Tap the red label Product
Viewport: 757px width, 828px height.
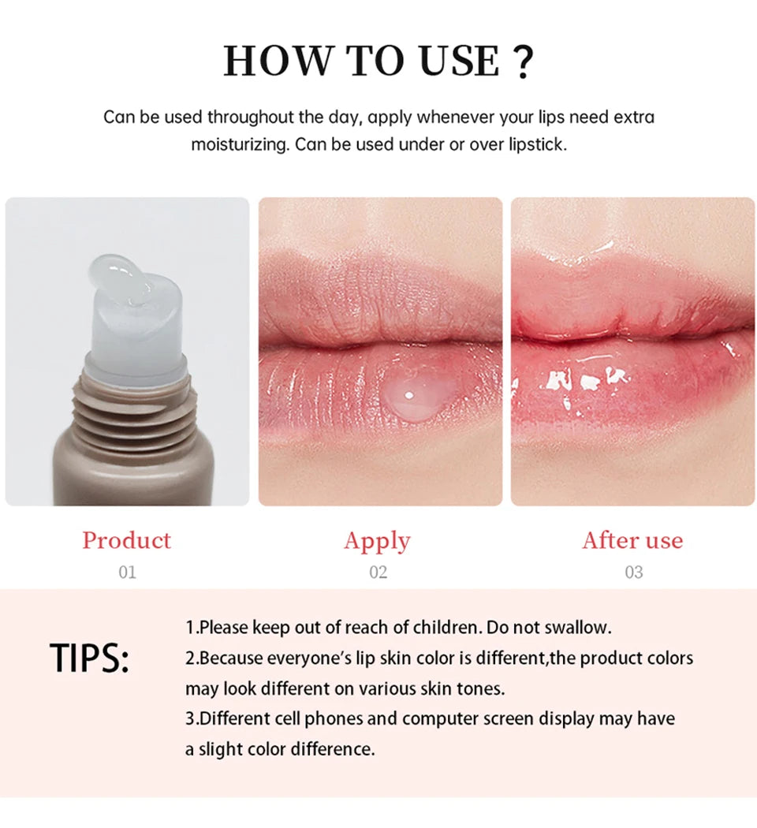[126, 540]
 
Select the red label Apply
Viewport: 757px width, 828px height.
[377, 541]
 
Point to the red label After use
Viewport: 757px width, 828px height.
[632, 540]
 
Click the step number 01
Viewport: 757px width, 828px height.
[127, 572]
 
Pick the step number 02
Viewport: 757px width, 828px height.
[378, 572]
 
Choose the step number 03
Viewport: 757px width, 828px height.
[633, 572]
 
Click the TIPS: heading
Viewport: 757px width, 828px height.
[89, 659]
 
